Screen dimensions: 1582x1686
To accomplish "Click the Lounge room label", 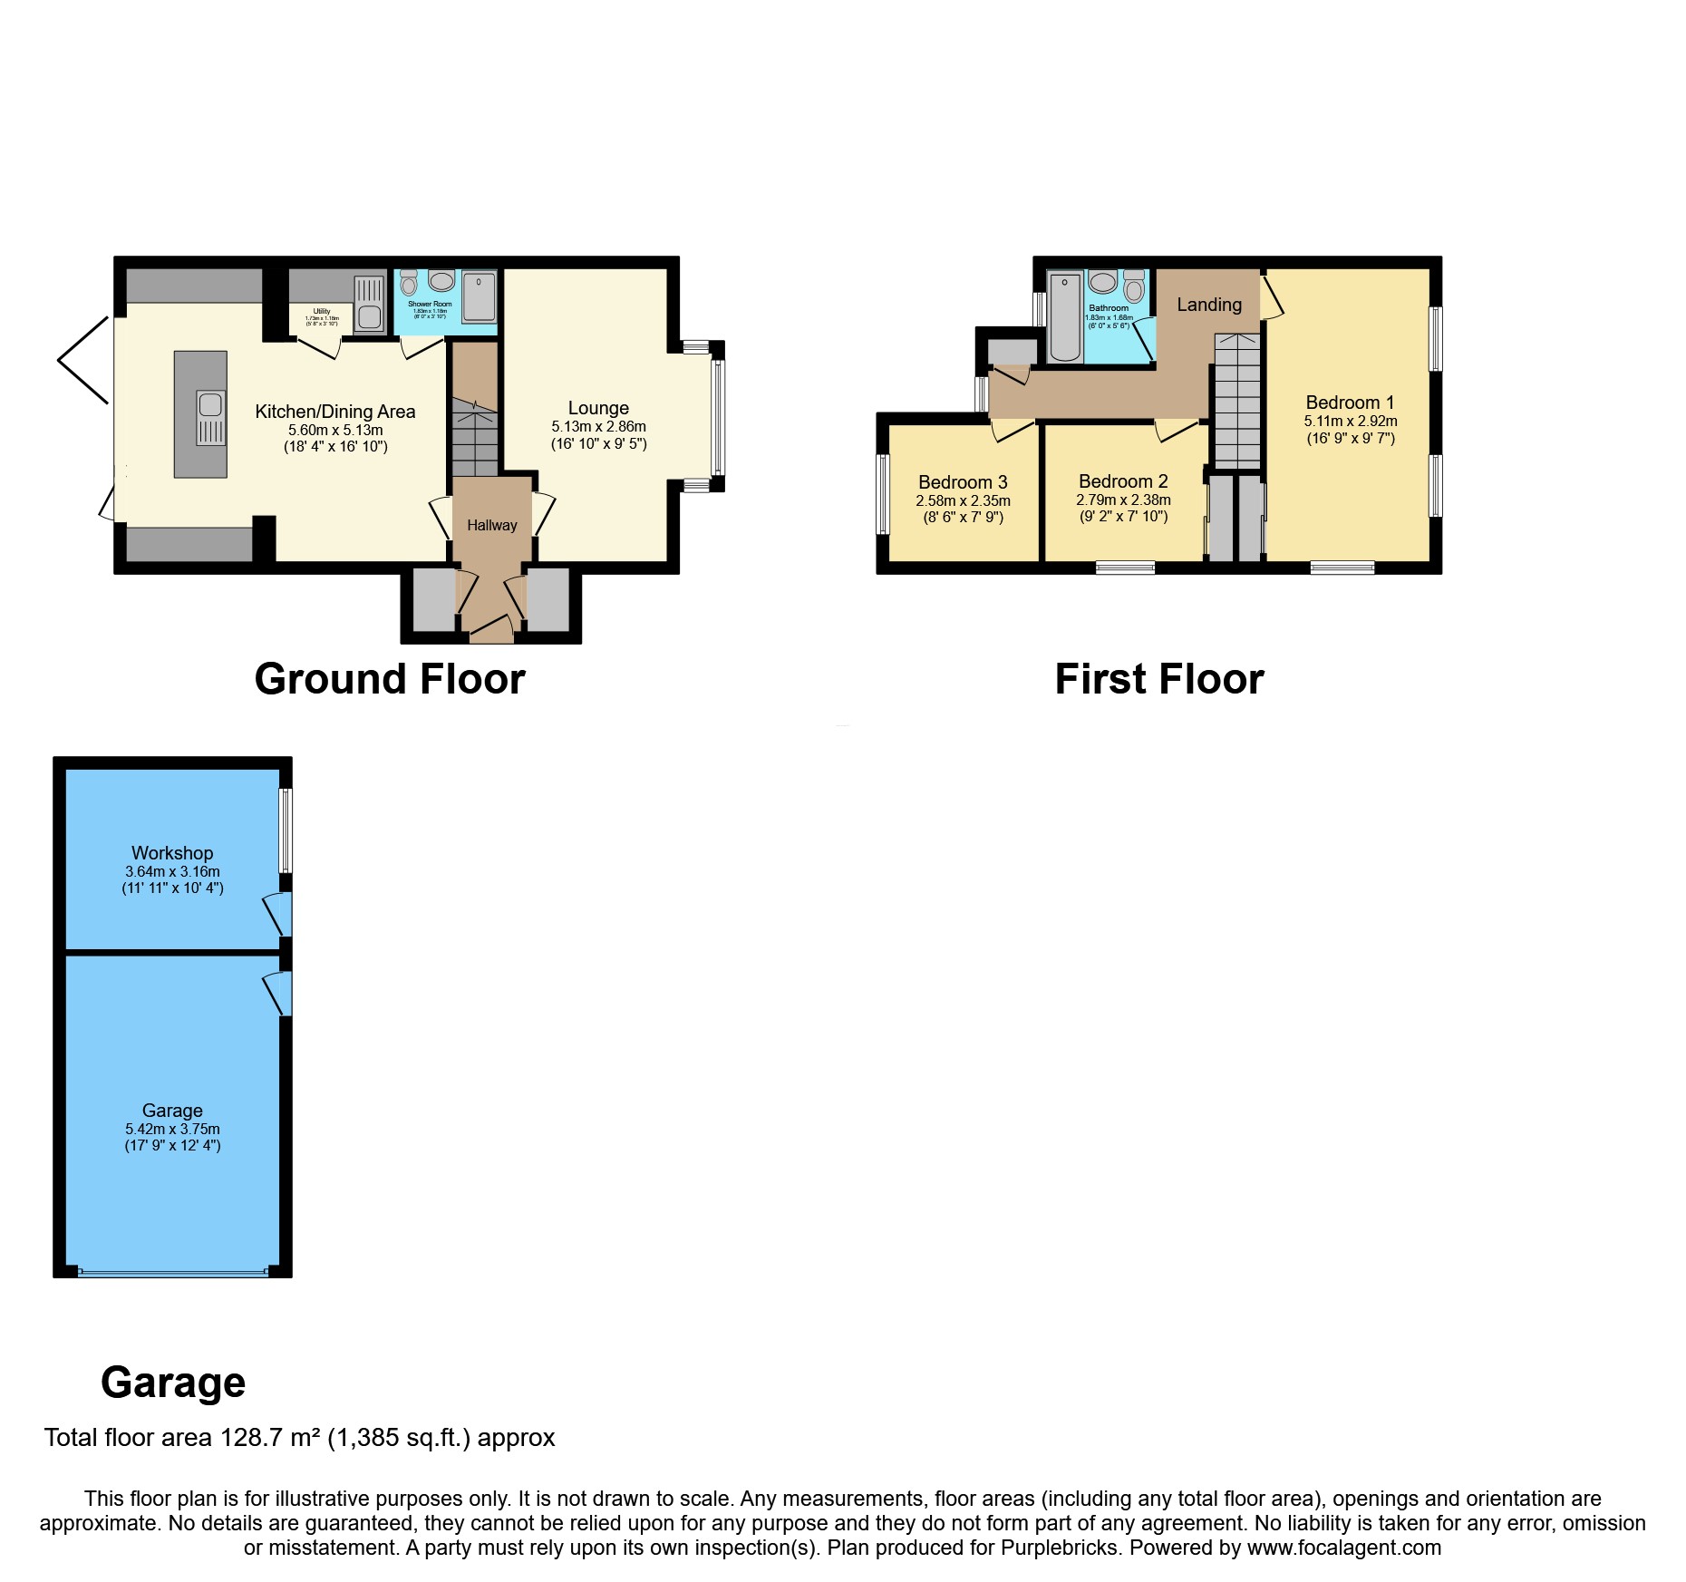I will point(598,408).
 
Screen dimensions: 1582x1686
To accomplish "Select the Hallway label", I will point(492,525).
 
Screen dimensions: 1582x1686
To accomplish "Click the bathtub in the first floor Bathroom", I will point(1066,317).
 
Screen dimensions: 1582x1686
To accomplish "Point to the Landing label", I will point(1209,305).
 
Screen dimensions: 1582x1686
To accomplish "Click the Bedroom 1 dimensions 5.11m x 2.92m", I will point(1351,421).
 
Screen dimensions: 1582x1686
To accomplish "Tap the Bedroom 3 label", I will point(963,482).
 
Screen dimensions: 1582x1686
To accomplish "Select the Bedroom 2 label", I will point(1123,481).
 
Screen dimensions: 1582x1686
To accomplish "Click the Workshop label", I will point(172,853).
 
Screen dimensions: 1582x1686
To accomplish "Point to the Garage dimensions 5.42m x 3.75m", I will point(172,1129).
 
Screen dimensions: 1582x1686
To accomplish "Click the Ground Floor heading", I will point(390,679).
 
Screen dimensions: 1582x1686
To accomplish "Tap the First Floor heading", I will point(1158,679).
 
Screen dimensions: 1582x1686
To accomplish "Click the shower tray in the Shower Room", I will point(480,296).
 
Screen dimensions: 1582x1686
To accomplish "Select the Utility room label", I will point(322,311).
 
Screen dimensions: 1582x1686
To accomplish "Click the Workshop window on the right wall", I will point(286,830).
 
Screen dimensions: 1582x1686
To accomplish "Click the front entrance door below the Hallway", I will point(491,628).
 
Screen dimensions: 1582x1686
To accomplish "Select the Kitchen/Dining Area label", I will point(335,412).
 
